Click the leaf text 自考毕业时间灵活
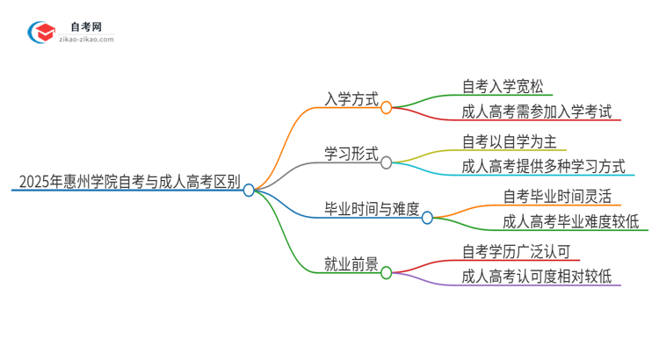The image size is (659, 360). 556,196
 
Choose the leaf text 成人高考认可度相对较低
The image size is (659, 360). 541,277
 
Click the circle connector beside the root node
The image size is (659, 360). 249,190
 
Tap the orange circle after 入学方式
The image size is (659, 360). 386,107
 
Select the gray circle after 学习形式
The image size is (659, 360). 386,162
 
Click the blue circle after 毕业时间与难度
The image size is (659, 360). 427,217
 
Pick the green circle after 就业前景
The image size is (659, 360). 386,272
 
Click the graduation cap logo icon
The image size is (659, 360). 42,33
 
